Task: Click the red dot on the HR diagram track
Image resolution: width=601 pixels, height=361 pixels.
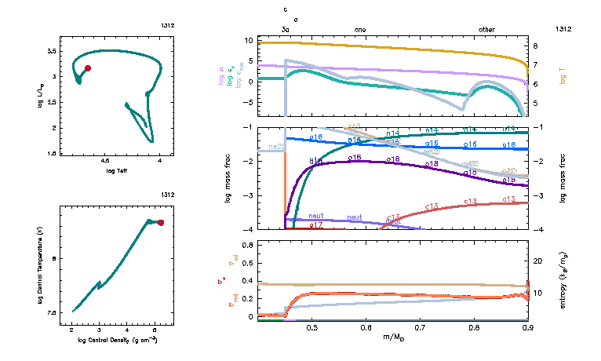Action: point(88,68)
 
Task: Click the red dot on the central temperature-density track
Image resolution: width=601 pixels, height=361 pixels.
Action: point(161,223)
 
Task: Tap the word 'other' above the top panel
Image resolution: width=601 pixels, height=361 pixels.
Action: point(487,29)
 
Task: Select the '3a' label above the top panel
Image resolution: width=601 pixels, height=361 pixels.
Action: point(286,29)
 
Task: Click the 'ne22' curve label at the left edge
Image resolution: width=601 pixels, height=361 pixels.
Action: point(275,147)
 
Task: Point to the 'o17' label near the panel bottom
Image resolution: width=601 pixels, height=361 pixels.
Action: point(316,225)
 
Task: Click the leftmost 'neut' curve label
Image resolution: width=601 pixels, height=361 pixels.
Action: point(316,216)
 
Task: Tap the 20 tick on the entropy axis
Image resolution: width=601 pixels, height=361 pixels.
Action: point(537,260)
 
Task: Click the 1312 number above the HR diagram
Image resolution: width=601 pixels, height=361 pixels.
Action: point(167,25)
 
